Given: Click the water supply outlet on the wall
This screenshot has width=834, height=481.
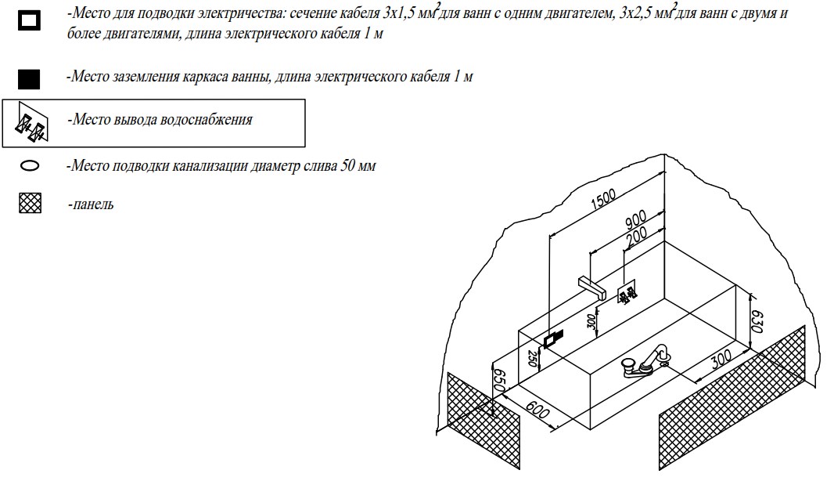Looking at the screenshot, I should (x=628, y=295).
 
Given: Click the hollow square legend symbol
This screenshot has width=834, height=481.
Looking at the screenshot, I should (x=30, y=21).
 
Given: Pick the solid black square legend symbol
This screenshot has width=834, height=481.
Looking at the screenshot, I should (x=30, y=80).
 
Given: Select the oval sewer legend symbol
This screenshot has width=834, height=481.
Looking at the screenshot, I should (x=31, y=167).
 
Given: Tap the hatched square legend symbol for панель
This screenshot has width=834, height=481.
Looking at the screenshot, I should (x=30, y=205).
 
